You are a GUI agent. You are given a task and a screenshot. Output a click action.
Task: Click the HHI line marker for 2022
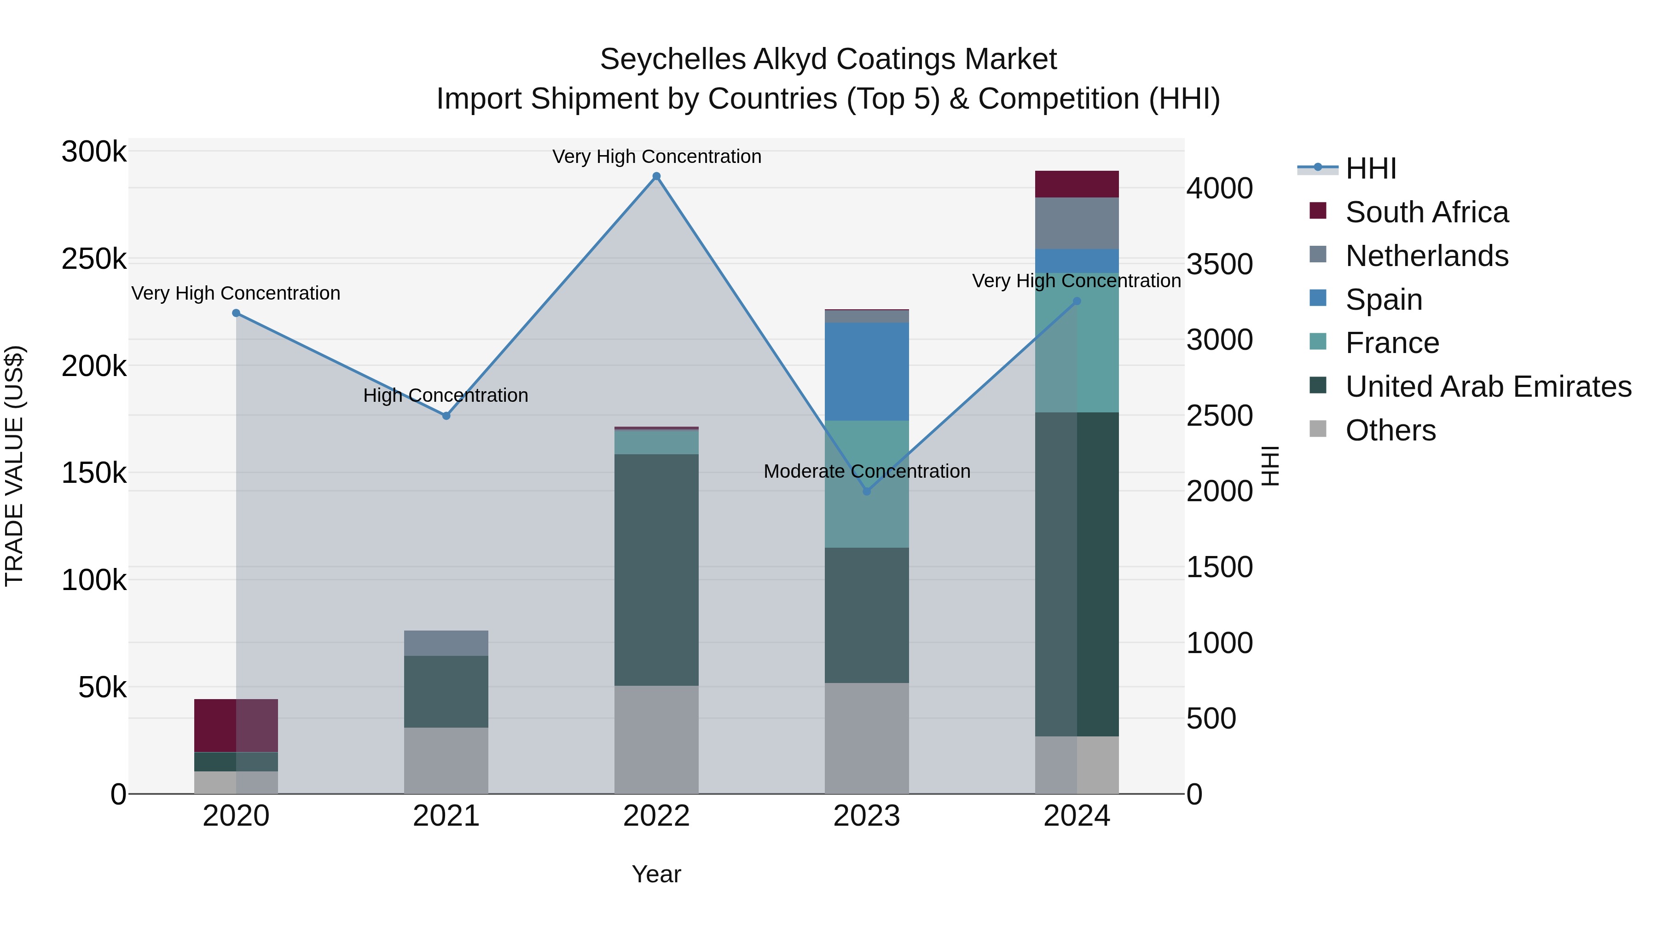[x=656, y=176]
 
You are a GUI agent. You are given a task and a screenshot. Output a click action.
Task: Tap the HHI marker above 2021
[x=446, y=416]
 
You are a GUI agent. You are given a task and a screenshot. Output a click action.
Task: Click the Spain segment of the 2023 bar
[x=866, y=372]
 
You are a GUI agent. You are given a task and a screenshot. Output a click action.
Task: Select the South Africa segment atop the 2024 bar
[x=1077, y=184]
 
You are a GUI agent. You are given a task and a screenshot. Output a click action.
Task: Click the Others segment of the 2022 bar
[x=656, y=739]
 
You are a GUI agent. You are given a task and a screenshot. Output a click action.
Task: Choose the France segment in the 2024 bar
[x=1077, y=342]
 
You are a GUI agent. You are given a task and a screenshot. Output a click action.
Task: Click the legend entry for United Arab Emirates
[x=1488, y=387]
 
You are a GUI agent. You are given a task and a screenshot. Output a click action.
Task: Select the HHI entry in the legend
[x=1370, y=168]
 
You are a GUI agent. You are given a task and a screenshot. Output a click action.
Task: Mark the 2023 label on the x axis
[x=866, y=816]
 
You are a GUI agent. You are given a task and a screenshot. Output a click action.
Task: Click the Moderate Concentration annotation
[x=866, y=471]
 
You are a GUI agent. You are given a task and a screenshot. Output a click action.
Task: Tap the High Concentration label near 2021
[x=446, y=395]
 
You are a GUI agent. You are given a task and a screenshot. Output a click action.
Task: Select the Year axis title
[x=656, y=874]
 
